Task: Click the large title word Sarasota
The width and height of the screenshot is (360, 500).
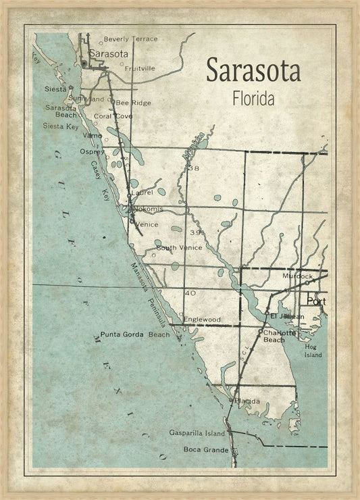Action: point(253,70)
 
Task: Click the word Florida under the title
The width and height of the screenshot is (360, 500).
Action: point(253,99)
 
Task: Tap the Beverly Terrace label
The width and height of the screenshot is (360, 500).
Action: point(130,39)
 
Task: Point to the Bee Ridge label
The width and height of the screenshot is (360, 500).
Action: point(133,103)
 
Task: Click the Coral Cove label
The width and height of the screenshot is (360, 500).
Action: point(113,116)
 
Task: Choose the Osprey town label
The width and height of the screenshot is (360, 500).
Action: point(92,152)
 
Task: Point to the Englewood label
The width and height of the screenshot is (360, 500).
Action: point(202,319)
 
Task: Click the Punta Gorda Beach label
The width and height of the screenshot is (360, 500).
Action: point(135,334)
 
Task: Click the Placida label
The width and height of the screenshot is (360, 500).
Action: point(247,401)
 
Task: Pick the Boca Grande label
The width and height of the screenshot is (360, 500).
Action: point(201,449)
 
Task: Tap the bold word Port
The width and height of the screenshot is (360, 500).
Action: point(315,301)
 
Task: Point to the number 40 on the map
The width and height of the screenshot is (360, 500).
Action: point(190,293)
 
